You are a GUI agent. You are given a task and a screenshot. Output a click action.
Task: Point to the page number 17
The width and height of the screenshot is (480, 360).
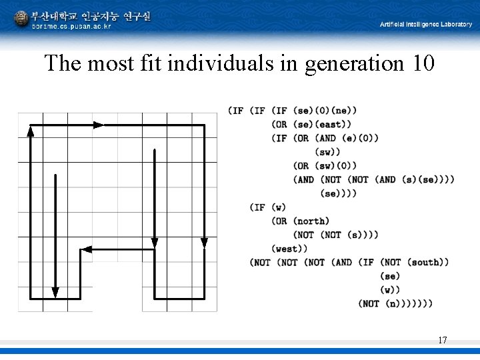(x=442, y=341)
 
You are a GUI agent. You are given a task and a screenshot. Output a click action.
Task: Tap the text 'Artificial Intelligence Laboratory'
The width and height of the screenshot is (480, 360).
(x=425, y=25)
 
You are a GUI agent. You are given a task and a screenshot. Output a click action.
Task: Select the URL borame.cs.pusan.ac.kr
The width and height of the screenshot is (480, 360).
(x=71, y=27)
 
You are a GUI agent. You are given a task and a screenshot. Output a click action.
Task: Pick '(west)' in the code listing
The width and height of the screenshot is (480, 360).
(x=290, y=249)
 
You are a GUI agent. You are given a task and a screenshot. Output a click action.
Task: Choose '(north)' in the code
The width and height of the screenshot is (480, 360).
(x=311, y=221)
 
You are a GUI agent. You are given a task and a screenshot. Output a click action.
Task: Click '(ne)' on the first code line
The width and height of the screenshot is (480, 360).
(x=344, y=111)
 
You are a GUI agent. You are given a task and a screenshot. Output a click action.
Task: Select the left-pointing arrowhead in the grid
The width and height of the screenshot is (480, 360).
(x=85, y=250)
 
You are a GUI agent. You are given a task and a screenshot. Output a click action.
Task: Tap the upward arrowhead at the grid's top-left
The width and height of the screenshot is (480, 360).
(x=30, y=131)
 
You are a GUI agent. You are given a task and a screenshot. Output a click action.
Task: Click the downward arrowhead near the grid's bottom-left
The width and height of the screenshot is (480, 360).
(x=55, y=291)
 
